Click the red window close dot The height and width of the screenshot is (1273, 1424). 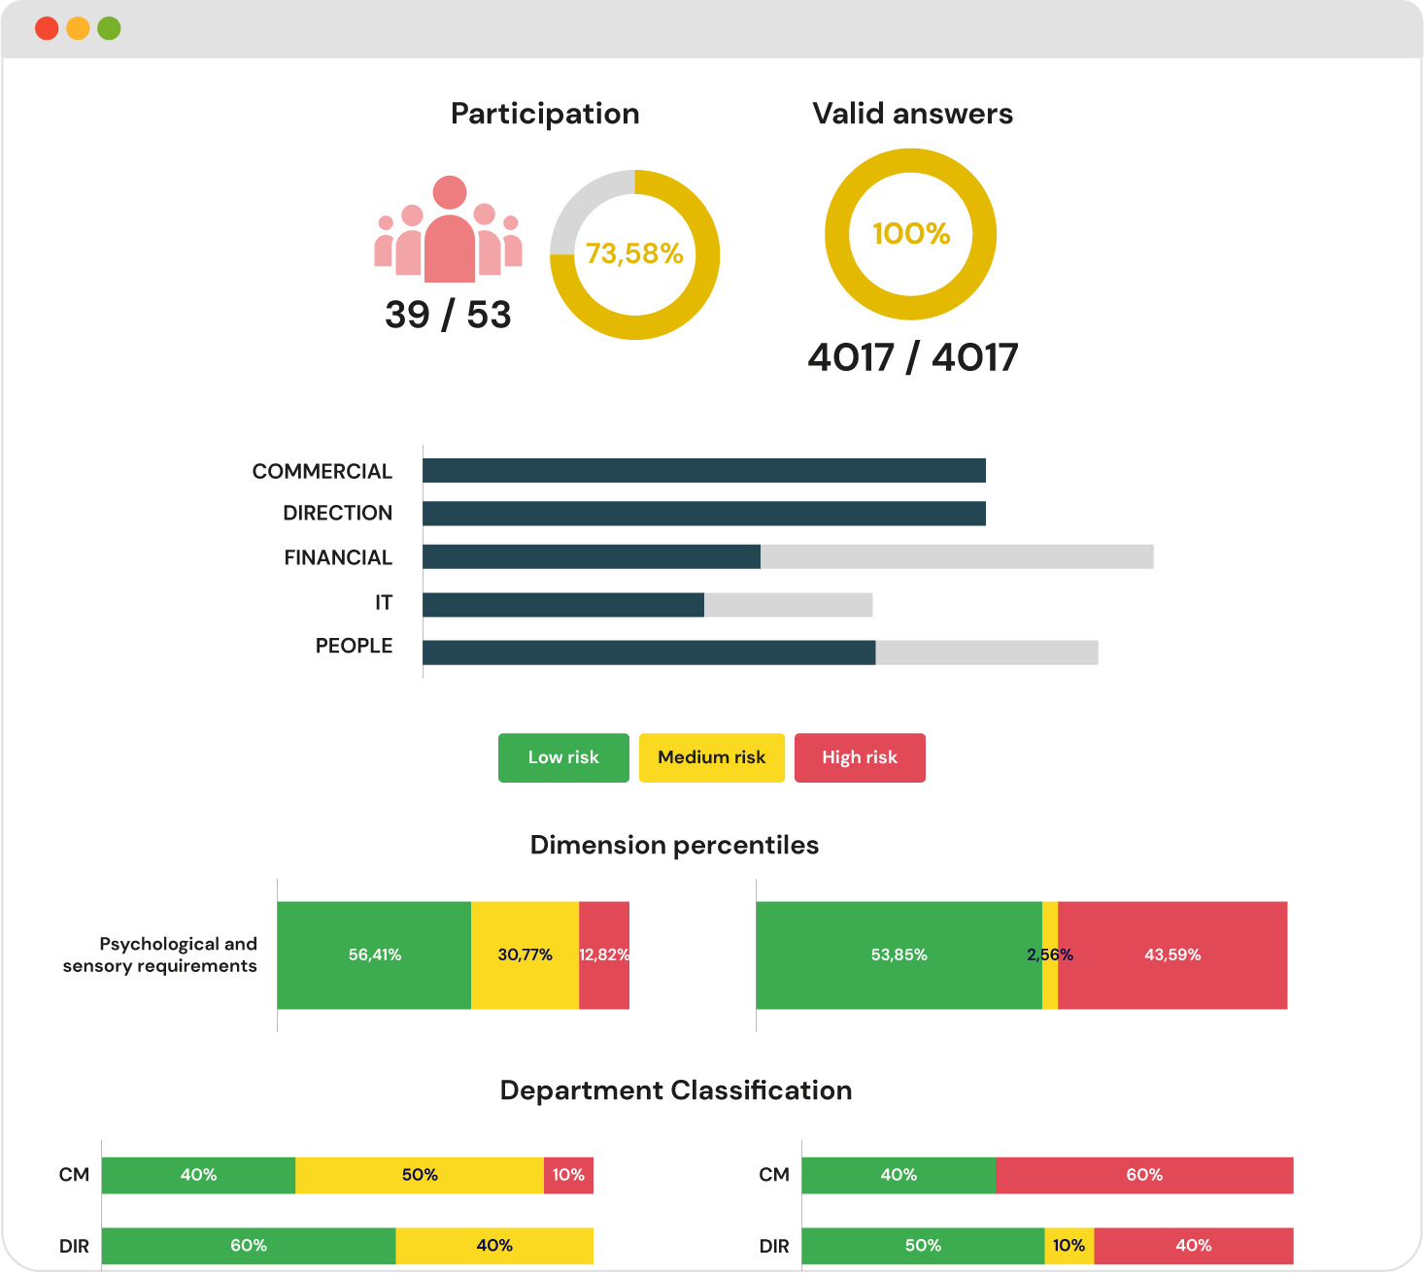click(47, 28)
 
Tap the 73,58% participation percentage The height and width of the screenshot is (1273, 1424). click(634, 253)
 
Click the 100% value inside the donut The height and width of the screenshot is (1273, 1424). click(911, 234)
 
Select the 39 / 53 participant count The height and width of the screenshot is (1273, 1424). click(448, 315)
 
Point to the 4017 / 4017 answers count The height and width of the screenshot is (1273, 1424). click(912, 357)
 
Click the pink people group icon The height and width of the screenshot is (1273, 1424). click(449, 229)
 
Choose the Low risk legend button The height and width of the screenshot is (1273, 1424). click(563, 757)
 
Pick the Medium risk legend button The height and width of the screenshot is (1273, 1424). click(711, 757)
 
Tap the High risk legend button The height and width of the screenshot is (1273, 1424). click(860, 757)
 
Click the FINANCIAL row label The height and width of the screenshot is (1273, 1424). click(338, 557)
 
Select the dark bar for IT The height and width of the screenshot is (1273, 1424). click(563, 605)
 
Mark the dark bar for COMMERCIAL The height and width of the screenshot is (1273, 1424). click(704, 471)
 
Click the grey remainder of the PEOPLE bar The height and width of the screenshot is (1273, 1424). click(986, 653)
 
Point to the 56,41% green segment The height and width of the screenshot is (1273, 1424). click(374, 955)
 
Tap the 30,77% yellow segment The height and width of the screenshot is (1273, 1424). click(525, 955)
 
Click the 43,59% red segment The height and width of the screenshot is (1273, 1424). click(1172, 955)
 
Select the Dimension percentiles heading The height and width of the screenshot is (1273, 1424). click(674, 845)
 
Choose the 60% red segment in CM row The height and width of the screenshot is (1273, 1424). click(1144, 1175)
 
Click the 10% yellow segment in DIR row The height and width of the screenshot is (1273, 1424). click(1068, 1246)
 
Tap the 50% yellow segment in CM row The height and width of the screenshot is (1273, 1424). click(420, 1175)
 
